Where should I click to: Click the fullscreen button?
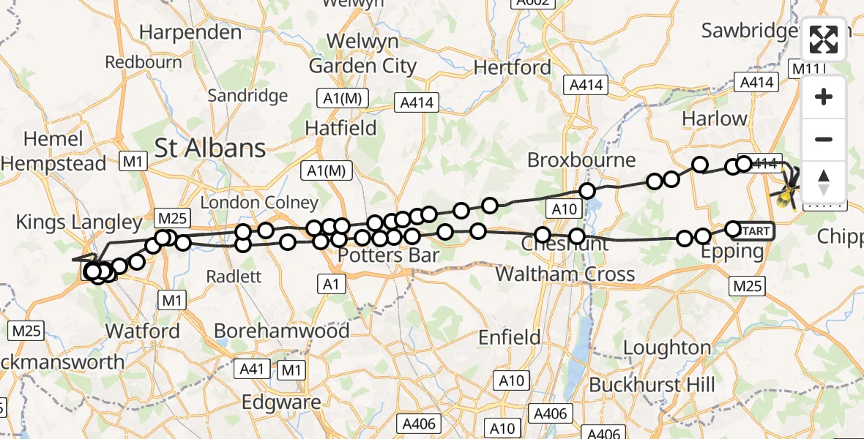click(x=824, y=40)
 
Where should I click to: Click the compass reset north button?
click(x=824, y=181)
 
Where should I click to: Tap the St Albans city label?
click(x=210, y=149)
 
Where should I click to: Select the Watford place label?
click(x=143, y=331)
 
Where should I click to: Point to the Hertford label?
click(x=513, y=68)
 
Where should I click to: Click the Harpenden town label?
click(x=190, y=32)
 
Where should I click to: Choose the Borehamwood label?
click(x=281, y=331)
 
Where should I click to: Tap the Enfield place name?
click(x=510, y=337)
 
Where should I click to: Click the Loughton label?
click(x=667, y=348)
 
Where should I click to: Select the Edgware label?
click(x=281, y=402)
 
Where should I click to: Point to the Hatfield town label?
click(x=340, y=128)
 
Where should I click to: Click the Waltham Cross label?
click(x=565, y=274)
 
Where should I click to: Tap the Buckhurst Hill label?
click(x=652, y=384)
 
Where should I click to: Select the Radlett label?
click(x=234, y=277)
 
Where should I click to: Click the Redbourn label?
click(x=144, y=62)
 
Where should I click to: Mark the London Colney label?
click(x=259, y=203)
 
